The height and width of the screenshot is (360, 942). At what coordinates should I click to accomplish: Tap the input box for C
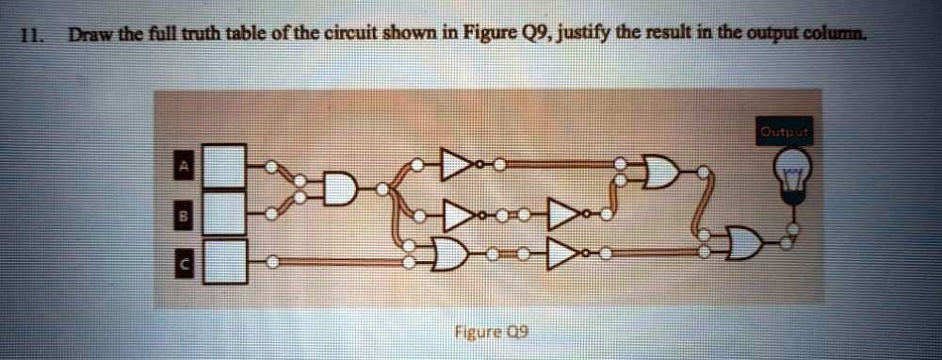click(225, 260)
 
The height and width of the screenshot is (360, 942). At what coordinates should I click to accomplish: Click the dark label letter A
click(185, 167)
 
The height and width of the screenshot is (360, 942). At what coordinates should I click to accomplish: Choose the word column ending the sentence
click(839, 37)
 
